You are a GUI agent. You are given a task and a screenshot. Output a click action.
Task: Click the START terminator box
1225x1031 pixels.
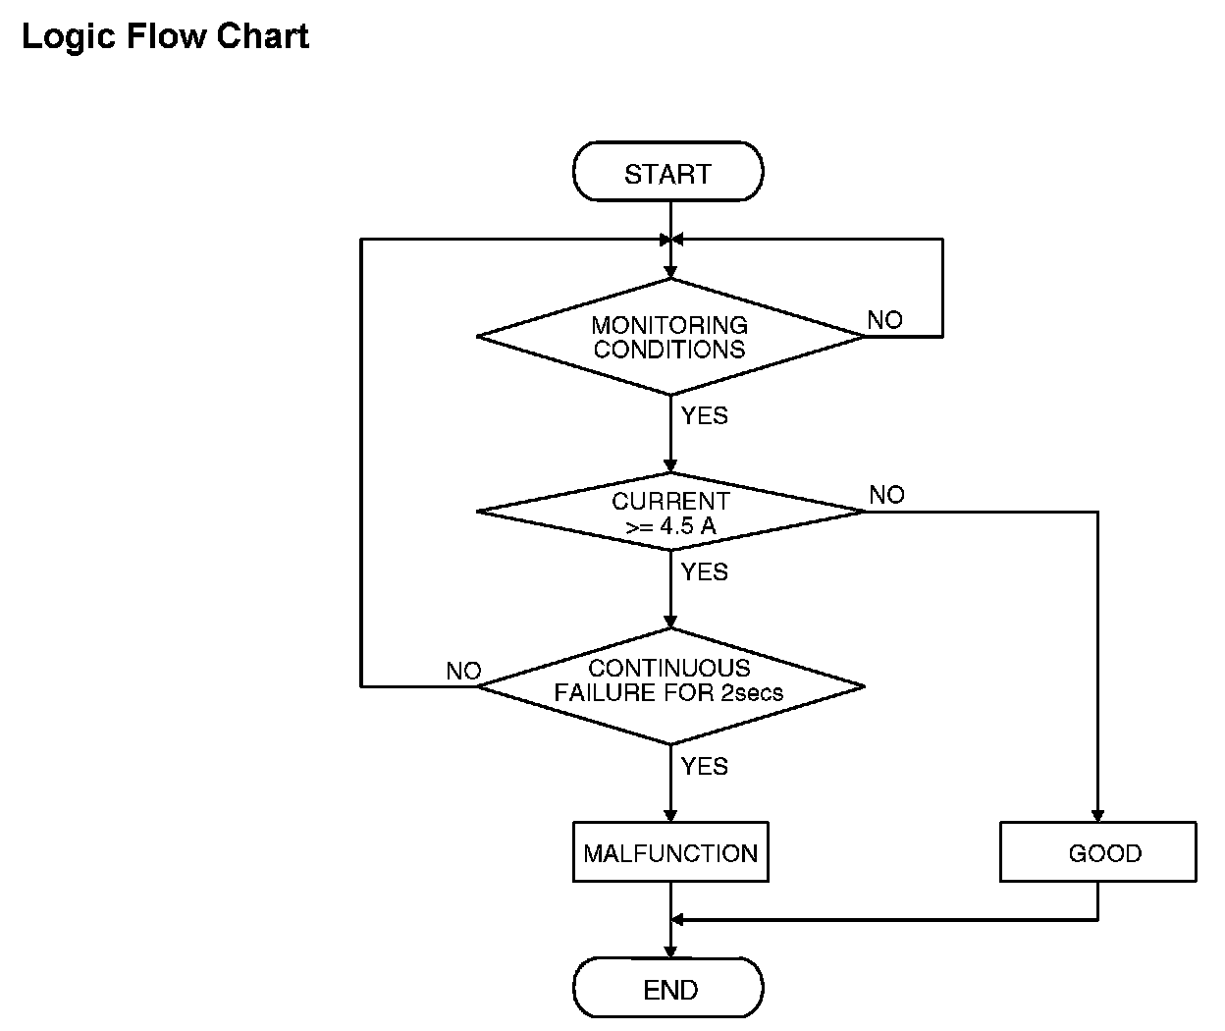pos(667,172)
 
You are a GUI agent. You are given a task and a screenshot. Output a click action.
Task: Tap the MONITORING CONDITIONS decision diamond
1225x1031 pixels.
pos(670,337)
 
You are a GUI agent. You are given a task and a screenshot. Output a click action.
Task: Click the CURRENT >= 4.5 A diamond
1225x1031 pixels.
pos(670,512)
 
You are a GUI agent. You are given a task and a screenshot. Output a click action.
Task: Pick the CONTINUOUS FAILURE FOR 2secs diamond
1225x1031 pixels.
pos(670,686)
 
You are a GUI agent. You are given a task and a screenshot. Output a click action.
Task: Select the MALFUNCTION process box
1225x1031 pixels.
pos(670,852)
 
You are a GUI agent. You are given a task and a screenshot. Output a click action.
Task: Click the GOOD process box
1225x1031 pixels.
pos(1098,852)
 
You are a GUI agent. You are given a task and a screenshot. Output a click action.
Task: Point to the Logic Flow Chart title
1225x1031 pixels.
pos(166,36)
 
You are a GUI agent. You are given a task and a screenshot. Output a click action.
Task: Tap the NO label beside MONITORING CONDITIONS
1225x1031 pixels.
pos(884,320)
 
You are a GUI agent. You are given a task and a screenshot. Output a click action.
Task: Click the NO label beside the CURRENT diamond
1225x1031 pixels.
pos(886,495)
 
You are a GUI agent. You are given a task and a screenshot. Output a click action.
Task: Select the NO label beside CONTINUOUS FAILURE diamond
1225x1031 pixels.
pos(463,671)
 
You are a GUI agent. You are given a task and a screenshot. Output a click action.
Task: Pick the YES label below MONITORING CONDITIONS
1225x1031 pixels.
pos(704,416)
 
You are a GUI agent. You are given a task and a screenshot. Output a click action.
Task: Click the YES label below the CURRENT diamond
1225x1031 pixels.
pos(704,572)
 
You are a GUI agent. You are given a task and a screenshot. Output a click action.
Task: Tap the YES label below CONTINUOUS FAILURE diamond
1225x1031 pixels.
pos(704,766)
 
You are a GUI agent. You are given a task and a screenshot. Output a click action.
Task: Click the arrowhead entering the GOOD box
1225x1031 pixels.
pos(1097,816)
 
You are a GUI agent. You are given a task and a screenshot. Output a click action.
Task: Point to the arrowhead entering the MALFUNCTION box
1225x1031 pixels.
pos(670,816)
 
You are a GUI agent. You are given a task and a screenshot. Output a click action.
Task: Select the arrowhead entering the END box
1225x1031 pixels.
pos(670,951)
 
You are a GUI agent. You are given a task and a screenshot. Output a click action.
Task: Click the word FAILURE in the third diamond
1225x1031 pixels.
pos(605,693)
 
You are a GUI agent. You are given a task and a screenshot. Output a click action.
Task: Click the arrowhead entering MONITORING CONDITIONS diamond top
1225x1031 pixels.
pos(670,272)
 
